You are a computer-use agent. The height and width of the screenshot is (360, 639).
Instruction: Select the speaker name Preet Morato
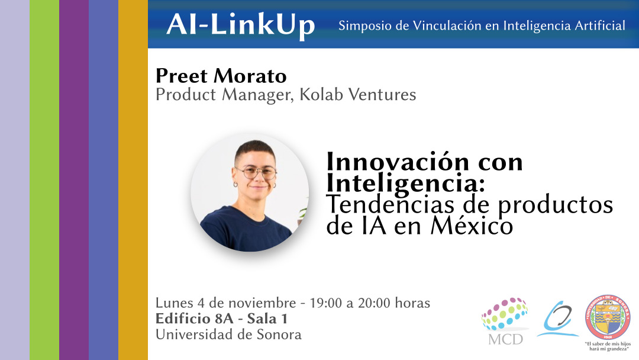(221, 76)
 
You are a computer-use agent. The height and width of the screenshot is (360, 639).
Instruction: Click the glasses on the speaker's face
(256, 172)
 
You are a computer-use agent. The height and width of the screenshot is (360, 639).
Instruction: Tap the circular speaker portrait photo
(250, 192)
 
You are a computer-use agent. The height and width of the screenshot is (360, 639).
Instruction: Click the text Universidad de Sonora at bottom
(228, 335)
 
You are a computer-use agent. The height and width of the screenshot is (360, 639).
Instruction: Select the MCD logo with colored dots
(504, 320)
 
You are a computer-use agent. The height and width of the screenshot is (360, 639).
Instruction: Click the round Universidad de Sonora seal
(607, 317)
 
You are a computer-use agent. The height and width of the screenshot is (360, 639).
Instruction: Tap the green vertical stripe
(44, 180)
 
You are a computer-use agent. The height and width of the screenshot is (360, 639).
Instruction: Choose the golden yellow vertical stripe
(133, 180)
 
